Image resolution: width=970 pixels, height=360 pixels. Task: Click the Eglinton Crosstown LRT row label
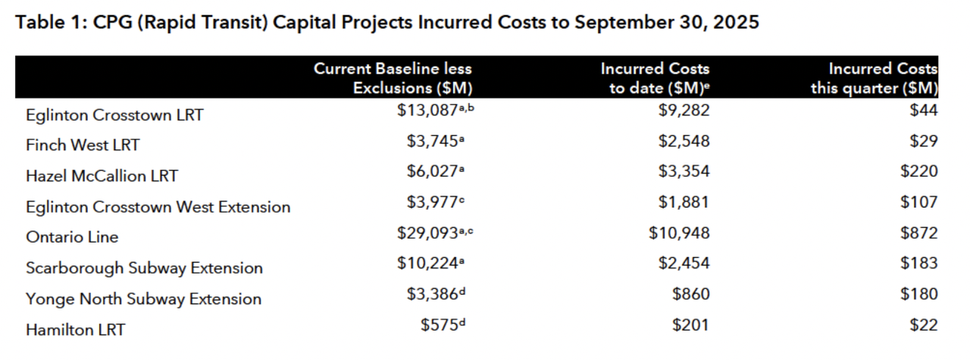click(114, 115)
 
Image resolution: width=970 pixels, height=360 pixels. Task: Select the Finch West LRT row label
click(83, 145)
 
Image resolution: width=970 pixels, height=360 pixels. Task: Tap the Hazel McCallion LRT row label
click(102, 176)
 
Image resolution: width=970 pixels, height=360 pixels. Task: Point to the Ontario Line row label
click(72, 237)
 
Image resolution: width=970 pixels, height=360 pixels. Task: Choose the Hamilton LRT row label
click(75, 330)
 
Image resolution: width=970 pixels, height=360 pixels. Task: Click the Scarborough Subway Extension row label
click(144, 268)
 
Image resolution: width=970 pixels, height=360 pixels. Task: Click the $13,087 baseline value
click(430, 111)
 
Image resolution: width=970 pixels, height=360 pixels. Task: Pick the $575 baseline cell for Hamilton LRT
click(441, 324)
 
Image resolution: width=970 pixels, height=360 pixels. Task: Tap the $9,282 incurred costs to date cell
click(685, 111)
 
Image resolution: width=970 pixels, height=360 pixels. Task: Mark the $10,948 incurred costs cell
click(680, 233)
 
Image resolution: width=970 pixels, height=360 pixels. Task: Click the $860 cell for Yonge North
click(691, 294)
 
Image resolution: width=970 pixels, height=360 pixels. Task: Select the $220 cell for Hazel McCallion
click(918, 171)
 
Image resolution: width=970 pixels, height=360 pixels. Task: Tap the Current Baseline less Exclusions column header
click(394, 78)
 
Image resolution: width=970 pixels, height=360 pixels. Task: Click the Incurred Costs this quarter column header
click(875, 78)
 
